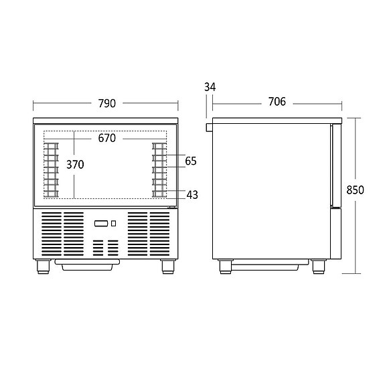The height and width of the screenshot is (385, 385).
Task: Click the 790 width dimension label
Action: click(106, 103)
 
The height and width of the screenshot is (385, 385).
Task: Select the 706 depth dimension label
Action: click(277, 102)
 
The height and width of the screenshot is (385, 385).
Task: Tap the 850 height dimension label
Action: click(355, 189)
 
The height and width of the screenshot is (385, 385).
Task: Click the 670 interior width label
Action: click(106, 139)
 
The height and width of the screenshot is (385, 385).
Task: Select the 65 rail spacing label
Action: click(191, 161)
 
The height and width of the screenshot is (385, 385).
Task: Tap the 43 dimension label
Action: click(192, 195)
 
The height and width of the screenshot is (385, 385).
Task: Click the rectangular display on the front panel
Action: click(100, 224)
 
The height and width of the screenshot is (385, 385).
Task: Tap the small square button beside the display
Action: click(113, 224)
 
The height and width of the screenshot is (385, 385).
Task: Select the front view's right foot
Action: click(169, 266)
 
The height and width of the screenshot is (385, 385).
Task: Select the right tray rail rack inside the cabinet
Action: click(159, 169)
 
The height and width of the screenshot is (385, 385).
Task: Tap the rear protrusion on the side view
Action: click(209, 126)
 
